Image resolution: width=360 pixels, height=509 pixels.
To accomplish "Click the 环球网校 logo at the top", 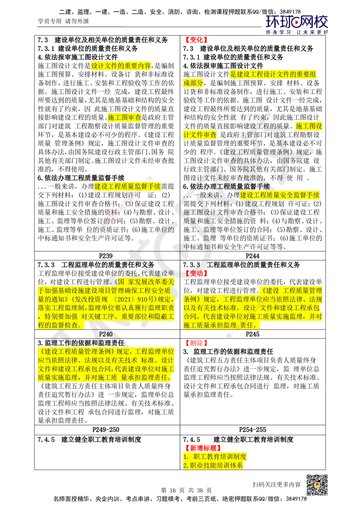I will pyautogui.click(x=297, y=24).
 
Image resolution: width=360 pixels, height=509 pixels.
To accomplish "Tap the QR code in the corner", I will pyautogui.click(x=316, y=485).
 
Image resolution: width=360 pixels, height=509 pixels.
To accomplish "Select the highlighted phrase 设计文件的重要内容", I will pyautogui.click(x=121, y=66).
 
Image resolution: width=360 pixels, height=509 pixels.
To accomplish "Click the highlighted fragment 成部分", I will pyautogui.click(x=193, y=83).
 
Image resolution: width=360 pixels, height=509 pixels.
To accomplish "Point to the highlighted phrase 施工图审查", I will pyautogui.click(x=125, y=117).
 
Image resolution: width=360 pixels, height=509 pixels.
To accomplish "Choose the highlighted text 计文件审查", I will pyautogui.click(x=200, y=135).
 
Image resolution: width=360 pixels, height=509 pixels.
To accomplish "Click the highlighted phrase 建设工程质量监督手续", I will pyautogui.click(x=127, y=186).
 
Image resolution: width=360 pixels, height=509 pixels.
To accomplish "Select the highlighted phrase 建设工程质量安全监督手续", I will pyautogui.click(x=280, y=195).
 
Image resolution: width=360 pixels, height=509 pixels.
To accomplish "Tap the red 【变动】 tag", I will pyautogui.click(x=196, y=273).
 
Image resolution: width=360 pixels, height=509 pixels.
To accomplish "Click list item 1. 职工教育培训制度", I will pyautogui.click(x=215, y=456).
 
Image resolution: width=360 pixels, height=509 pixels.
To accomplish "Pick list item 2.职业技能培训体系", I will pyautogui.click(x=213, y=465).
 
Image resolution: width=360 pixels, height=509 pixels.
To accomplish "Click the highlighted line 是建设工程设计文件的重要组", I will pyautogui.click(x=273, y=75).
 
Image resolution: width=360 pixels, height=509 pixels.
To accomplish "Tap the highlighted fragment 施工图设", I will pyautogui.click(x=309, y=126).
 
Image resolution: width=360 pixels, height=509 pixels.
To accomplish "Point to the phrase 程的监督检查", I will pyautogui.click(x=60, y=325).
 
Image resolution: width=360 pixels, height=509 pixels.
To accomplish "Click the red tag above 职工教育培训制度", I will pyautogui.click(x=203, y=448).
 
